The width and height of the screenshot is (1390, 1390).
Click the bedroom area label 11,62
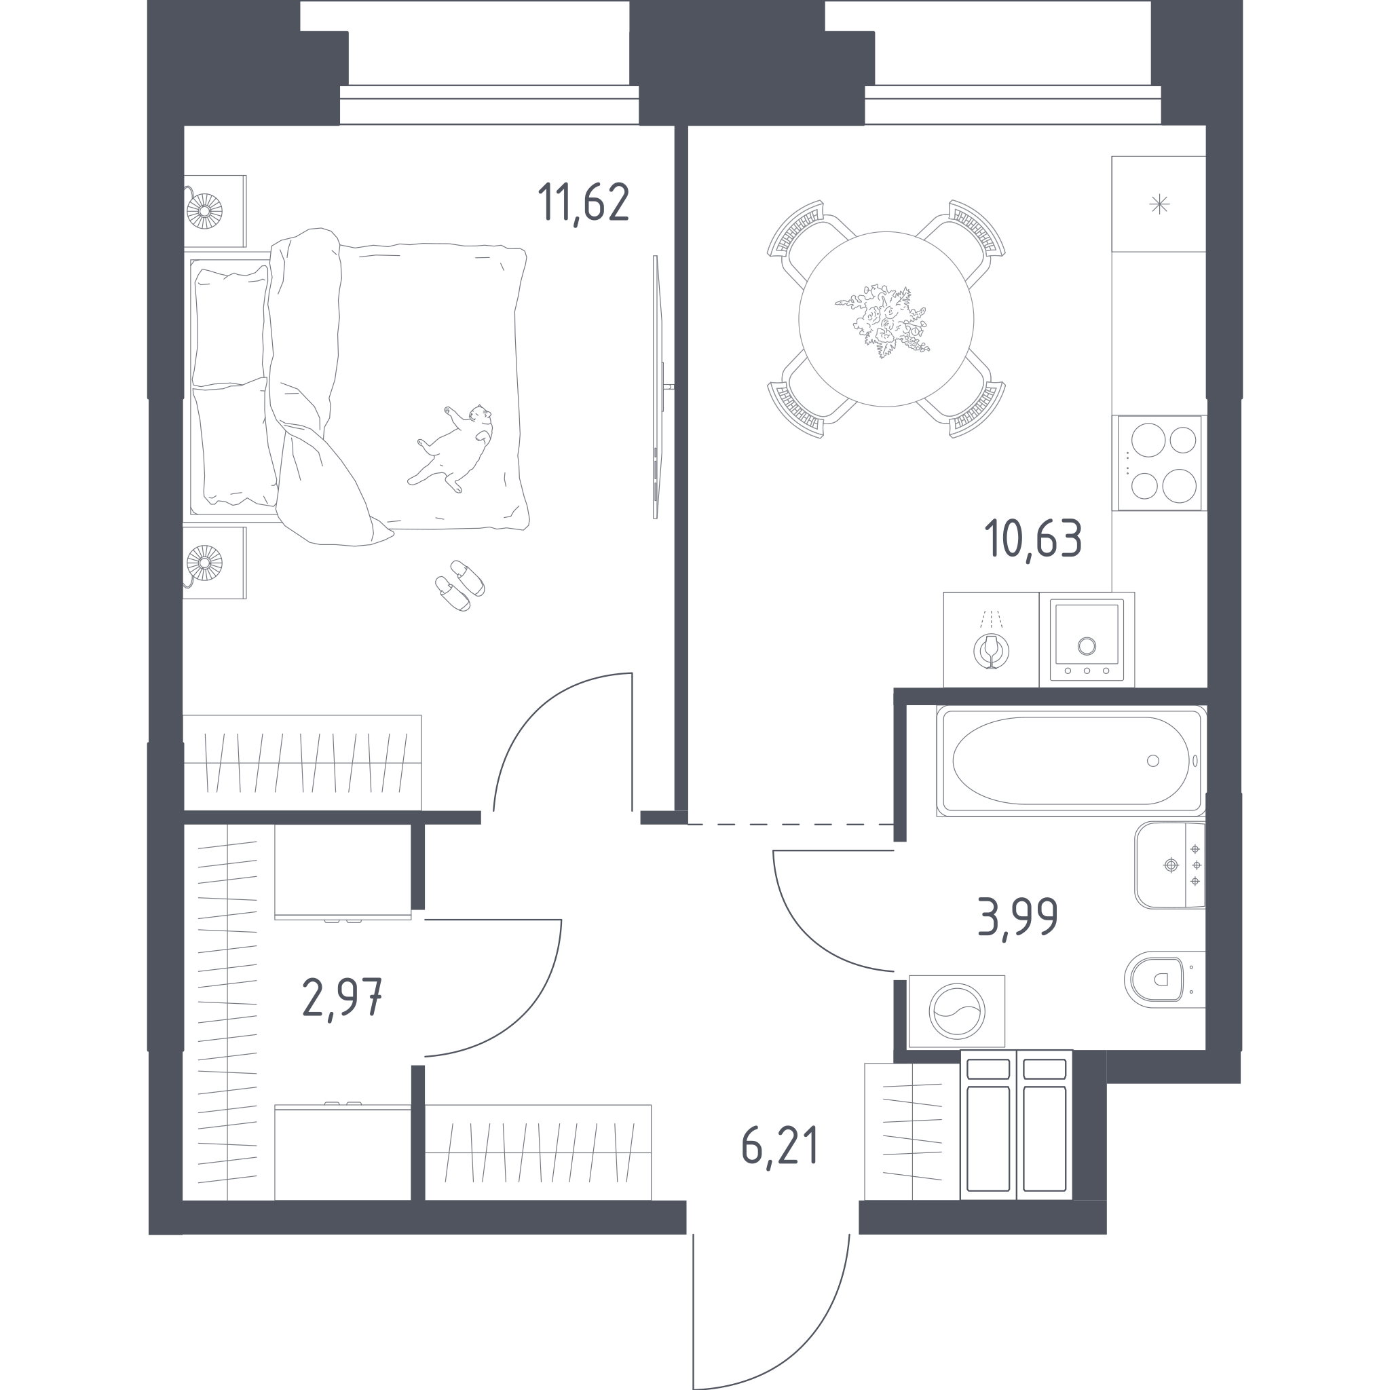[x=584, y=204]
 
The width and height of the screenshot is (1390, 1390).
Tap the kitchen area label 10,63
[x=1033, y=539]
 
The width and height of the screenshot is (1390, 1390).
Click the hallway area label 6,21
[x=780, y=1147]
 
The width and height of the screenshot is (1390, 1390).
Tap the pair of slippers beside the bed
[x=459, y=585]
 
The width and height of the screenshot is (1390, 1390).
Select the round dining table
[x=886, y=319]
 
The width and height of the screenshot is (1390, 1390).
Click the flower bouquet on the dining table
[x=883, y=321]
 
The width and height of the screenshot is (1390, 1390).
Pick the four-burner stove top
[x=1159, y=463]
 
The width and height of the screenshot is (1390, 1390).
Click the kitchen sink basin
[x=1087, y=639]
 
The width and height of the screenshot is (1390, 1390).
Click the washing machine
[x=957, y=1011]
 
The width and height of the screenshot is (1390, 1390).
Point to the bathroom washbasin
[x=1170, y=865]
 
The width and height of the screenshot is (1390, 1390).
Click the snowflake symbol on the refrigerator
[x=1159, y=205]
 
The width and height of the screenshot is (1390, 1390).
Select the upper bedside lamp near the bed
[x=204, y=211]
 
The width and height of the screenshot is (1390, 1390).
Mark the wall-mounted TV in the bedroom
[x=656, y=387]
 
